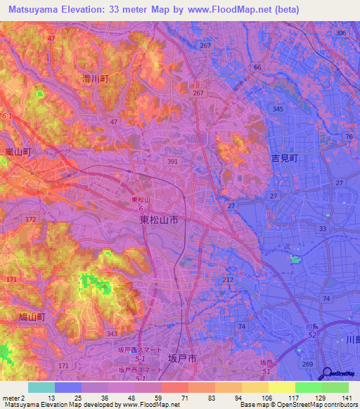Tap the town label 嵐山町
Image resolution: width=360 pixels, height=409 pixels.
[x=16, y=152]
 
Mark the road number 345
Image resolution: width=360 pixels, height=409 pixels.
[x=278, y=110]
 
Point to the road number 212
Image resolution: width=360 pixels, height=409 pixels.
[x=228, y=280]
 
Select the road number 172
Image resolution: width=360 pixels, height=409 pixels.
[x=31, y=220]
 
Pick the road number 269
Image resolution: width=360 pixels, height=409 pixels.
[x=307, y=364]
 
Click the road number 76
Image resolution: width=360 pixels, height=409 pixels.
[x=348, y=136]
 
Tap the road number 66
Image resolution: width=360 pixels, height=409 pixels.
[x=257, y=67]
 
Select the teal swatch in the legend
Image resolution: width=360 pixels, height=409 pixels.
[x=41, y=387]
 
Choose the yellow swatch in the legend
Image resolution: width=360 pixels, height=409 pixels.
[x=282, y=387]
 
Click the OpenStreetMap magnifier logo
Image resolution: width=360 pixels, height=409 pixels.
[x=328, y=374]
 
